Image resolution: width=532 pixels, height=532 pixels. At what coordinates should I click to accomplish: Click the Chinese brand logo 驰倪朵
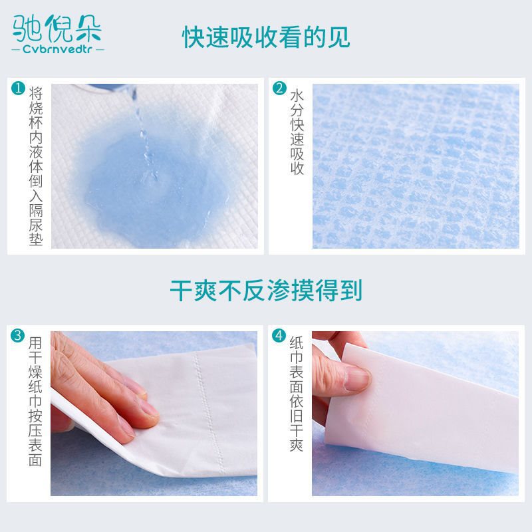[x=57, y=29]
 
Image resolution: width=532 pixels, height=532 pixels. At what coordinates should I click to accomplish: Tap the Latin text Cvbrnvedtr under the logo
[x=57, y=49]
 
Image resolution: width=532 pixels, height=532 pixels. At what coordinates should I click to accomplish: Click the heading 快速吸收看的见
[x=266, y=37]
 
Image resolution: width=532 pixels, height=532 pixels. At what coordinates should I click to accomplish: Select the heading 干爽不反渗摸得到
[x=266, y=291]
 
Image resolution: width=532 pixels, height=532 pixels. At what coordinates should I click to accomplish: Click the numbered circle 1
[x=18, y=88]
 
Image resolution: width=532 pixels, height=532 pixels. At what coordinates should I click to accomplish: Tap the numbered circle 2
[x=279, y=88]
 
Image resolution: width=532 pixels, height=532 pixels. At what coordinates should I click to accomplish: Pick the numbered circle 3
[x=17, y=336]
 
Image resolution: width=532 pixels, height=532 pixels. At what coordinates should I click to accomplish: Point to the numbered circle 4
[x=279, y=336]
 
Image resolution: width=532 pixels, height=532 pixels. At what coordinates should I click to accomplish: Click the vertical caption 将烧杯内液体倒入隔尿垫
[x=36, y=166]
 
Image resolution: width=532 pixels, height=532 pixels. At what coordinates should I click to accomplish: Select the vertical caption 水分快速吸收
[x=297, y=132]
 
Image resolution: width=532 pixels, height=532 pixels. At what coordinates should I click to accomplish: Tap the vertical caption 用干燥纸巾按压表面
[x=35, y=402]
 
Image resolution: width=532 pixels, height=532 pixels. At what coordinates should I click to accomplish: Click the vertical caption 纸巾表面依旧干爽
[x=297, y=394]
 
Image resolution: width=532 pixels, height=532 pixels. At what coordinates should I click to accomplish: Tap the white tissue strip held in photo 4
[x=421, y=407]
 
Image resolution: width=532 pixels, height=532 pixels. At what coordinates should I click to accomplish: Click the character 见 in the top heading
[x=338, y=37]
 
